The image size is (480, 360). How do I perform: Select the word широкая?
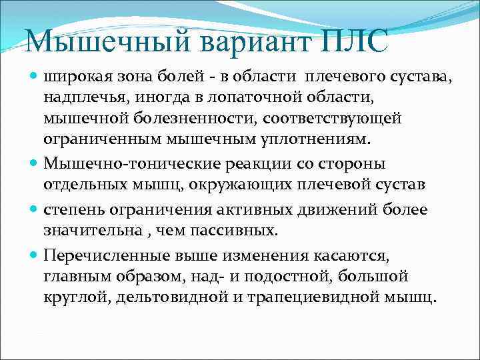75,78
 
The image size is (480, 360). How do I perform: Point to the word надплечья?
85,99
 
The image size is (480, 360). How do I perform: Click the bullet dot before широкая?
34,78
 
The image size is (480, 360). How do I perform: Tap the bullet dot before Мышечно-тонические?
34,164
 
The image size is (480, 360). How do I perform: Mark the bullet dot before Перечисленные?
34,255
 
